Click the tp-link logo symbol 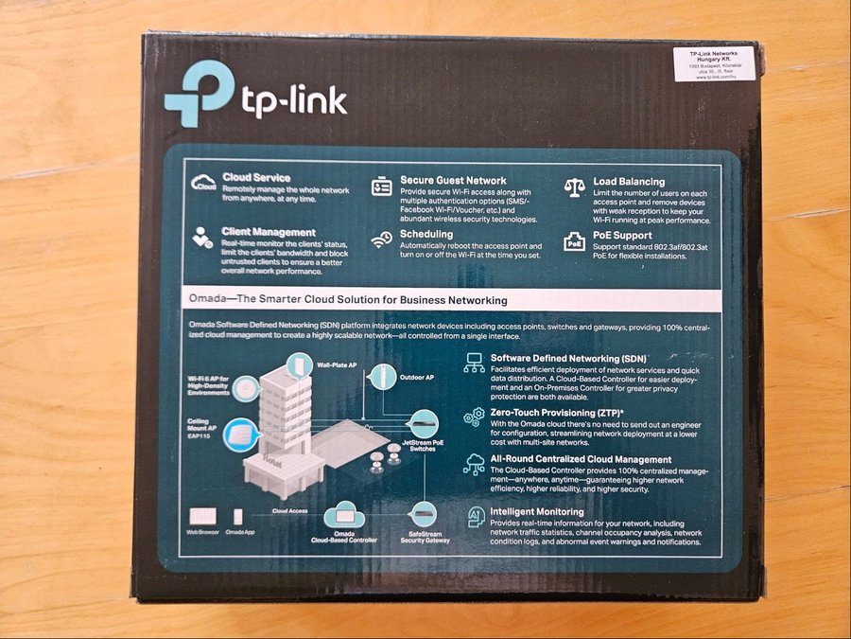click(x=198, y=94)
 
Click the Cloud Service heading click(x=256, y=177)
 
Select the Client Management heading click(x=269, y=231)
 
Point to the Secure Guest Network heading click(x=453, y=180)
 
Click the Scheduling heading click(x=425, y=234)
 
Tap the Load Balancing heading click(x=629, y=181)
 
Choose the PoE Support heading click(x=622, y=235)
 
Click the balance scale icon click(x=574, y=186)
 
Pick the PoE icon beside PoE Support click(x=574, y=241)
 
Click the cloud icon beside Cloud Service click(x=203, y=183)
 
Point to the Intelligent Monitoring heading click(x=537, y=512)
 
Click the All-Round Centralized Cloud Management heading click(x=581, y=459)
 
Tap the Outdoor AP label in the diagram click(x=416, y=378)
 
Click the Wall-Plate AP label click(x=338, y=364)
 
